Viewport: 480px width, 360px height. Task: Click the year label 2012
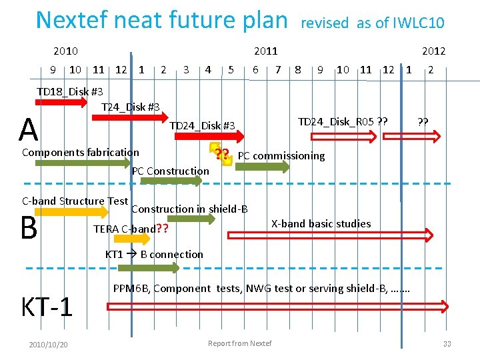pos(433,51)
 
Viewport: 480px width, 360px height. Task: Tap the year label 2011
pos(266,51)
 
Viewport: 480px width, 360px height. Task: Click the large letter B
pos(28,227)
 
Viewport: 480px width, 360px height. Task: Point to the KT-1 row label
pos(47,307)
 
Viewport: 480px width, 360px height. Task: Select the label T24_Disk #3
pos(130,107)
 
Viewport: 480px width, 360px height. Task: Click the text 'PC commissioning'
pos(281,156)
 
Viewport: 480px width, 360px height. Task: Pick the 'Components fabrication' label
pos(81,152)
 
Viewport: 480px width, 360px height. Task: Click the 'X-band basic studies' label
pos(321,223)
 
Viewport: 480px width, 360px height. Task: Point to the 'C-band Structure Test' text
pos(75,201)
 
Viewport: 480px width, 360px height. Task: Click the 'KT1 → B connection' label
pos(154,254)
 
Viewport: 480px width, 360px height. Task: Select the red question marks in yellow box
pos(222,155)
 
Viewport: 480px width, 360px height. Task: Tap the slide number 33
pos(447,343)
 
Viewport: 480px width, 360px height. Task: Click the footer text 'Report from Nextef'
pos(240,343)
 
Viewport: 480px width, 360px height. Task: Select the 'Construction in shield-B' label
pos(189,209)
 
